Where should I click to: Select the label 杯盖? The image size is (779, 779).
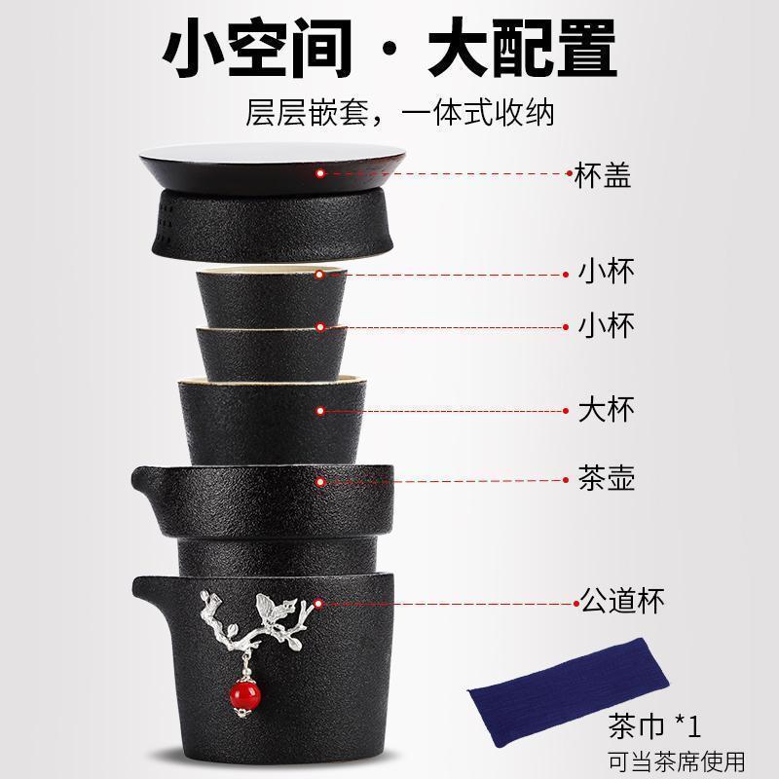point(602,175)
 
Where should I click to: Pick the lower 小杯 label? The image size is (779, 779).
point(606,326)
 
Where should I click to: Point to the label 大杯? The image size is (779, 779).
point(606,409)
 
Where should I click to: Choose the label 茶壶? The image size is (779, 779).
point(606,479)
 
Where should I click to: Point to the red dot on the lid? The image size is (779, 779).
point(319,173)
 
